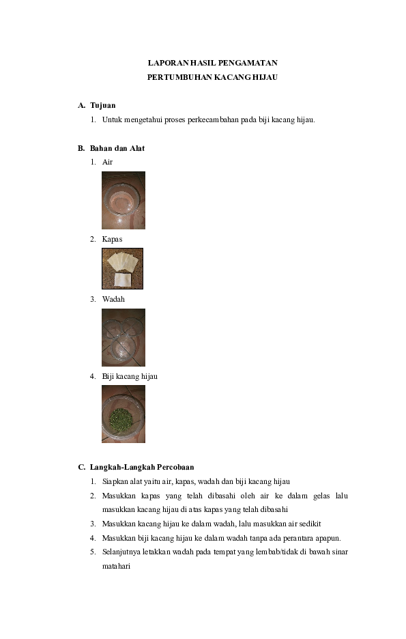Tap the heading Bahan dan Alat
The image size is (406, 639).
(x=117, y=148)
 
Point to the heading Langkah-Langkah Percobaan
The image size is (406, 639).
(x=141, y=467)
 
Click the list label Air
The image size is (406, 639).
(x=107, y=162)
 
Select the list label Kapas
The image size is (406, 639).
(x=112, y=239)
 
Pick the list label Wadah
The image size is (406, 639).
(x=113, y=299)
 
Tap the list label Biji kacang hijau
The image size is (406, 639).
(x=130, y=375)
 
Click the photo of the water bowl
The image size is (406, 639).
(x=123, y=200)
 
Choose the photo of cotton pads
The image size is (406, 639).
(x=122, y=268)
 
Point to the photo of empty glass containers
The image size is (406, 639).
(x=123, y=337)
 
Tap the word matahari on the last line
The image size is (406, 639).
(x=116, y=566)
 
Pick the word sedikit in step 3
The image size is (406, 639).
(x=307, y=524)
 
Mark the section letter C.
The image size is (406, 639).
(x=81, y=467)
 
